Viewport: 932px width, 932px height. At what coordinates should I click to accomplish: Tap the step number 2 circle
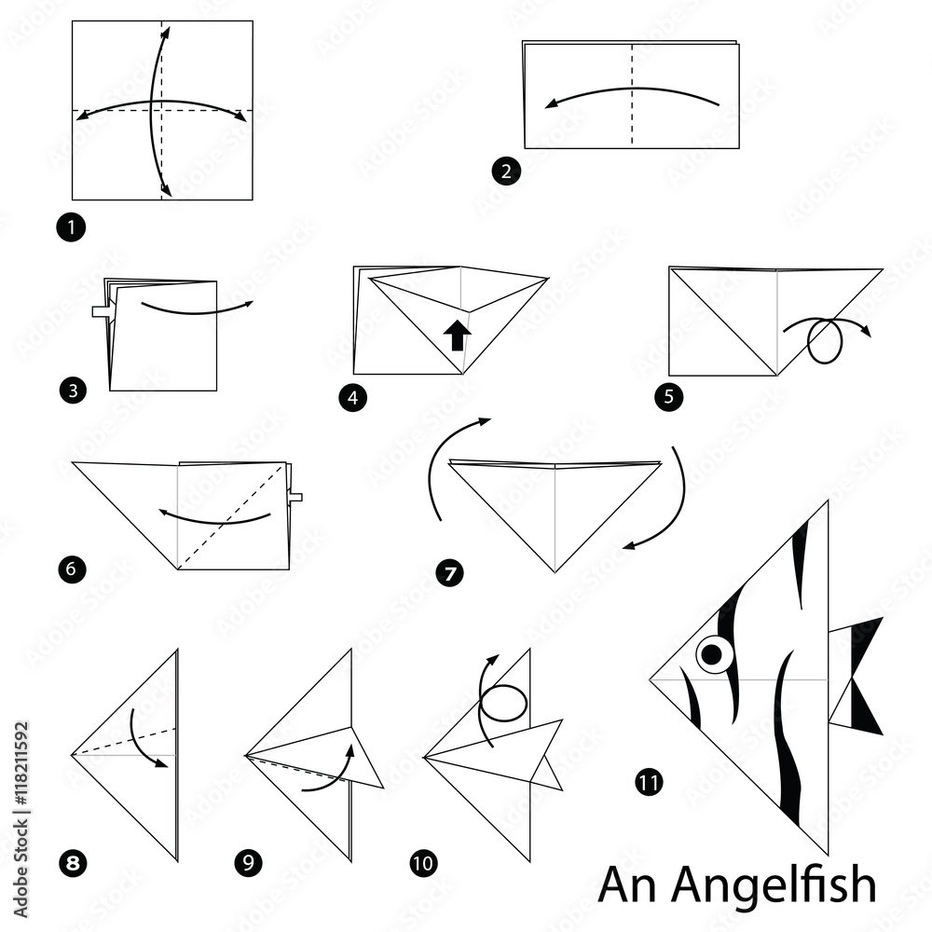[505, 172]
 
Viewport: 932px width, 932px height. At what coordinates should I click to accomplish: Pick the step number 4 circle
[352, 397]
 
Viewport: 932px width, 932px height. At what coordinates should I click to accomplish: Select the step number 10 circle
[422, 863]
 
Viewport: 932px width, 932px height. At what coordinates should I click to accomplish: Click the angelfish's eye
[712, 654]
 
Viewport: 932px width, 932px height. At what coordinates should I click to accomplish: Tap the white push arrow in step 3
[103, 311]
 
